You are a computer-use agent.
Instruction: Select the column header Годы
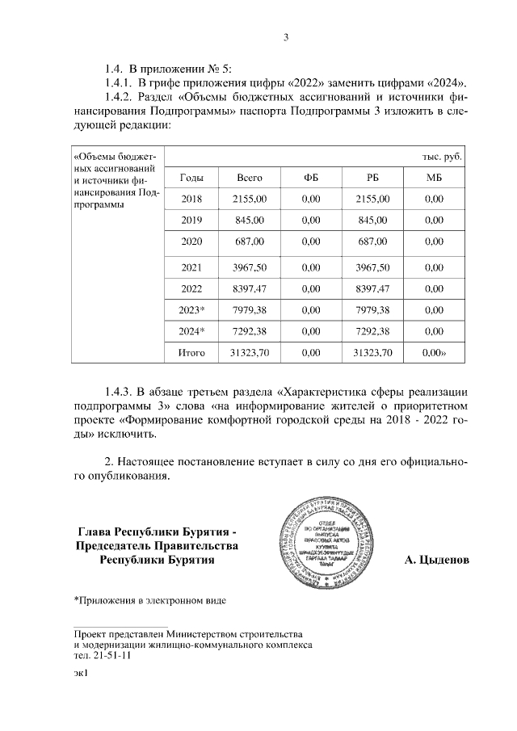click(x=191, y=177)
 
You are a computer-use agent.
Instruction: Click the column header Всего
click(x=250, y=177)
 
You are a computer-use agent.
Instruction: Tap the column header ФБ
click(x=310, y=177)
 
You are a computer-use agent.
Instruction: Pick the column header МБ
click(x=435, y=177)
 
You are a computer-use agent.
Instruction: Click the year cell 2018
click(x=191, y=199)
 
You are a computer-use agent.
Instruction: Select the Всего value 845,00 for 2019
click(x=250, y=221)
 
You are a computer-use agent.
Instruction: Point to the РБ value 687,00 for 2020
click(x=372, y=242)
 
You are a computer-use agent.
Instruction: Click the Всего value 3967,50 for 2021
click(x=250, y=267)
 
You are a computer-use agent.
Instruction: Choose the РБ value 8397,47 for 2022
click(x=372, y=288)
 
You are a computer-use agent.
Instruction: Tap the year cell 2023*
click(x=191, y=309)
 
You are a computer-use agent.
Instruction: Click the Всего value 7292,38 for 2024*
click(x=250, y=331)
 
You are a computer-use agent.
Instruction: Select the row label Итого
click(x=191, y=353)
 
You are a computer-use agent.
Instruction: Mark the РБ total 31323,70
click(x=372, y=353)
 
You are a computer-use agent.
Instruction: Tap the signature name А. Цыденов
click(x=437, y=559)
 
